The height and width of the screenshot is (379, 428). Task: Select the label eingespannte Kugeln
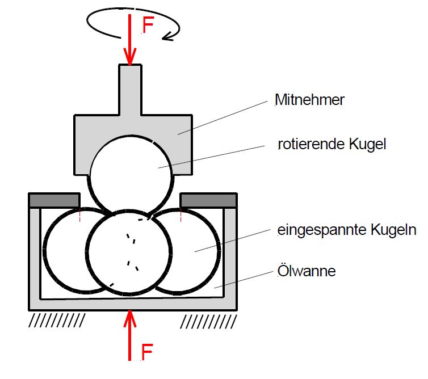(x=347, y=230)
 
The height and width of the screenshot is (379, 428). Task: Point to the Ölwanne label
(x=307, y=271)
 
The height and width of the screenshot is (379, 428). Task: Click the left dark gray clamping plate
(x=54, y=200)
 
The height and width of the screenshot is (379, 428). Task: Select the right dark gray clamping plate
(x=207, y=200)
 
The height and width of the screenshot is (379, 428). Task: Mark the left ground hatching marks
(x=57, y=321)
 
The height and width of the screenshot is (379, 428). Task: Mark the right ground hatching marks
(x=207, y=321)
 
